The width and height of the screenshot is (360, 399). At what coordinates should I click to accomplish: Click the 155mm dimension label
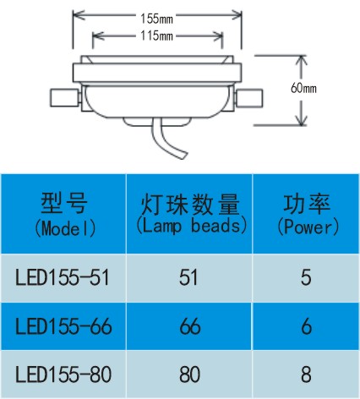point(156,19)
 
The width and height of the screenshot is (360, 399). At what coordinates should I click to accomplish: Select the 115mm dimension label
point(156,36)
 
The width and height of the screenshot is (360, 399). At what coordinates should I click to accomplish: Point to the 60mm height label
point(303,88)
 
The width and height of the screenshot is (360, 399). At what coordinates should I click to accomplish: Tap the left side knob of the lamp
point(64,98)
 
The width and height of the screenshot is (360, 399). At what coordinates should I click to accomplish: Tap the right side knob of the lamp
point(249,98)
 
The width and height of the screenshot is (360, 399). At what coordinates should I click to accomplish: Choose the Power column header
point(308,214)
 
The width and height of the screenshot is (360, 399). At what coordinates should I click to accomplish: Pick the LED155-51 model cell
point(63,278)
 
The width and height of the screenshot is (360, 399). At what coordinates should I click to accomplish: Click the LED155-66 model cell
point(63,326)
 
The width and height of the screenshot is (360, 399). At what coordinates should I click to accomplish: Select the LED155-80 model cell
point(63,374)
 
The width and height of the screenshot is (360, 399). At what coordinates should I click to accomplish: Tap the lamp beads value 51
point(188,278)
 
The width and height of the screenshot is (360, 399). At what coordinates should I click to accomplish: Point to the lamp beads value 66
point(190,326)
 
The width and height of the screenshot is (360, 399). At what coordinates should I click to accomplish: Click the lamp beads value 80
point(189,374)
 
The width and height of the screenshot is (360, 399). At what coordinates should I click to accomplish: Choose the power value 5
point(306,278)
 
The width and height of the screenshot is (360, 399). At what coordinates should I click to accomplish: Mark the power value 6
point(307,326)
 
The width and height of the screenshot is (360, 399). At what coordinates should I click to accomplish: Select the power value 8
point(306,374)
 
